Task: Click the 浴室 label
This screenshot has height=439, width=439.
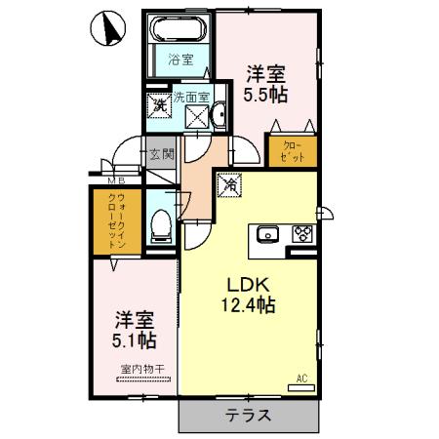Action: tap(180, 59)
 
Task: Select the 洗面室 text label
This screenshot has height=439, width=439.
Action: tap(190, 97)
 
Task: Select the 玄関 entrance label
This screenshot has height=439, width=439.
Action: tap(161, 153)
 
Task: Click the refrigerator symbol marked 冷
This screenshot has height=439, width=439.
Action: tap(231, 182)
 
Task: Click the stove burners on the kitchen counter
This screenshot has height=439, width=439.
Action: tap(301, 234)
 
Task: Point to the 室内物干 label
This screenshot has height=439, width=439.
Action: tap(140, 369)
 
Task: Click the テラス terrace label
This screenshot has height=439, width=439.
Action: tap(250, 415)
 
